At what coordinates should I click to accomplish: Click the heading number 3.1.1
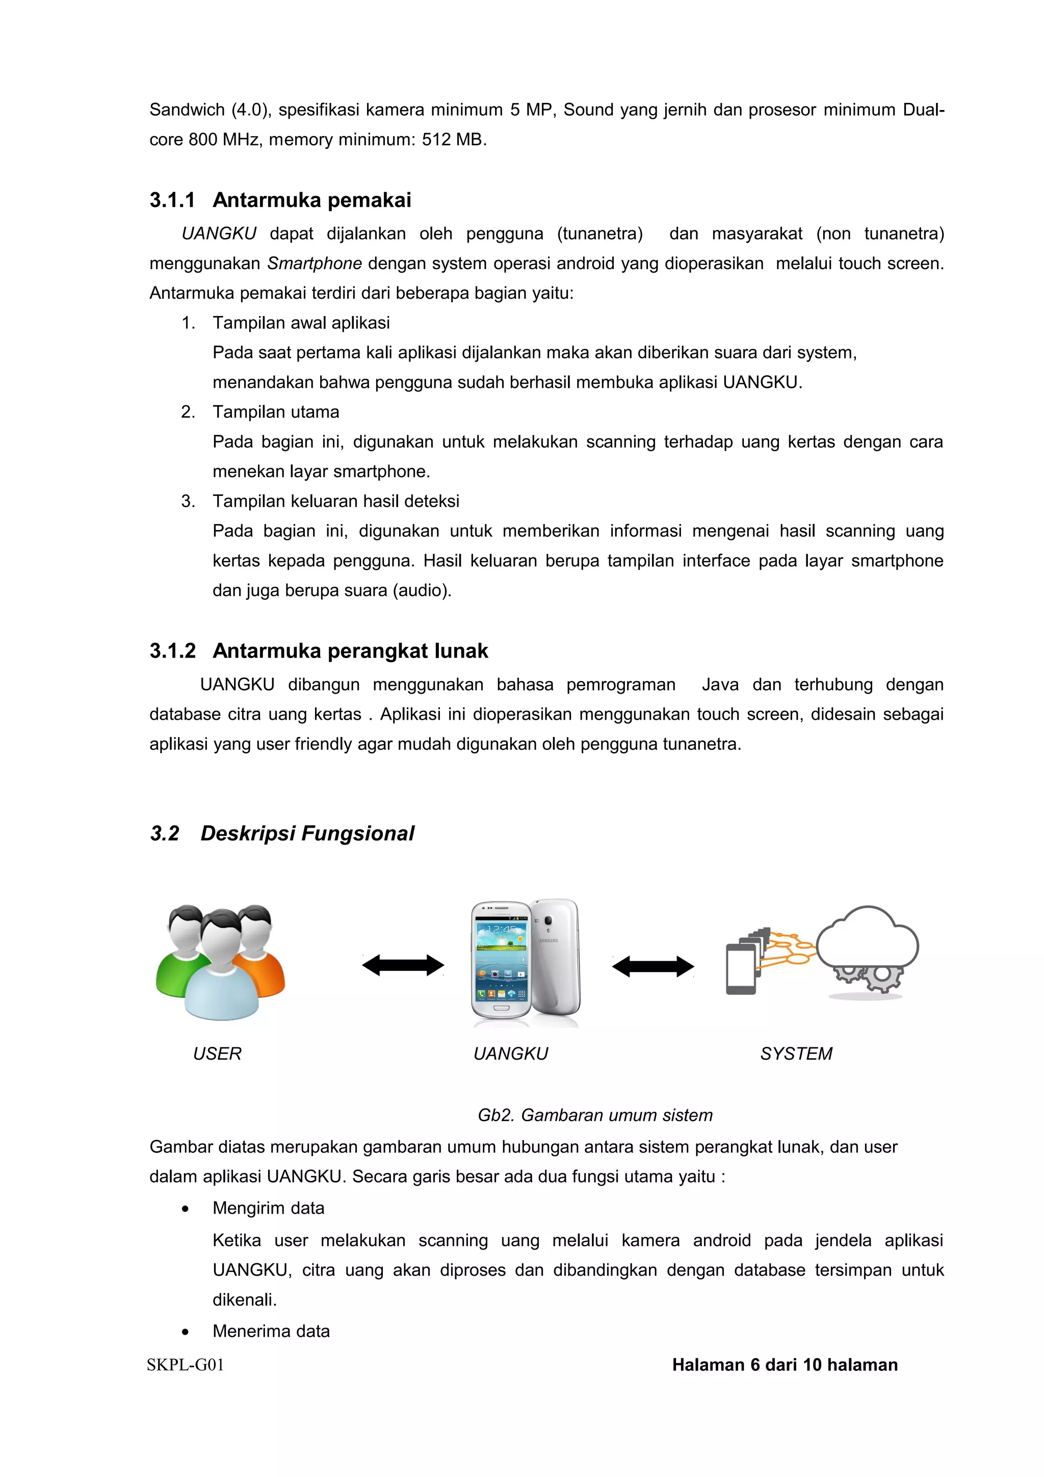172,200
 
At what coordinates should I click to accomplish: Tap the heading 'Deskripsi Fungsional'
307,833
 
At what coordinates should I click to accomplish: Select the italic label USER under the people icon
217,1053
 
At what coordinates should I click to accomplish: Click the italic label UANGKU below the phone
510,1053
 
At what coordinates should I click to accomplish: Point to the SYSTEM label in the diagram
796,1053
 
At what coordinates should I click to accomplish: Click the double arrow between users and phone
403,965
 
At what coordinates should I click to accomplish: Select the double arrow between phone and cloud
652,966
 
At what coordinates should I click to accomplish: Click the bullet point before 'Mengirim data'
185,1209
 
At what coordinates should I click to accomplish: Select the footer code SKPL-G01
185,1365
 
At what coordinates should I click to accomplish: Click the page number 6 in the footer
754,1365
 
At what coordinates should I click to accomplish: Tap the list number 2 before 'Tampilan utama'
187,412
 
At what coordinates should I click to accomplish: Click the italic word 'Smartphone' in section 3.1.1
315,264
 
